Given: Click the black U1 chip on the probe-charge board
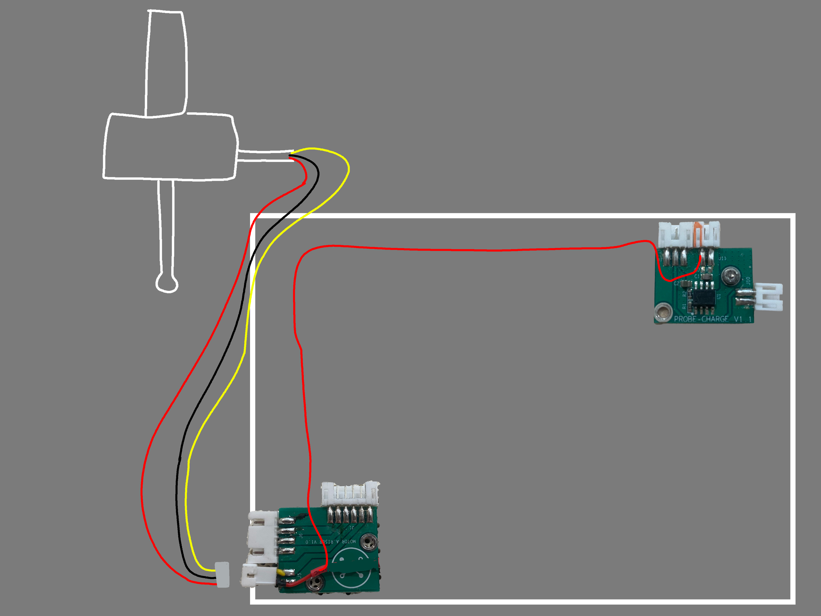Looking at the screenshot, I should pyautogui.click(x=702, y=297).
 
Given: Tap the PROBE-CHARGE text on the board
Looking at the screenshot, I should pyautogui.click(x=701, y=319).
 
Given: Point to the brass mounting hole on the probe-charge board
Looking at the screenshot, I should pyautogui.click(x=663, y=312).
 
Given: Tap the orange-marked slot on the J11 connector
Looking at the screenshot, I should pyautogui.click(x=699, y=234).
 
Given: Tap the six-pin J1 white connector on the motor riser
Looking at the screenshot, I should pyautogui.click(x=350, y=493).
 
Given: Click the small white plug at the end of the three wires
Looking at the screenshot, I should pyautogui.click(x=222, y=575).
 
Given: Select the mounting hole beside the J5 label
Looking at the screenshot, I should pyautogui.click(x=316, y=584).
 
